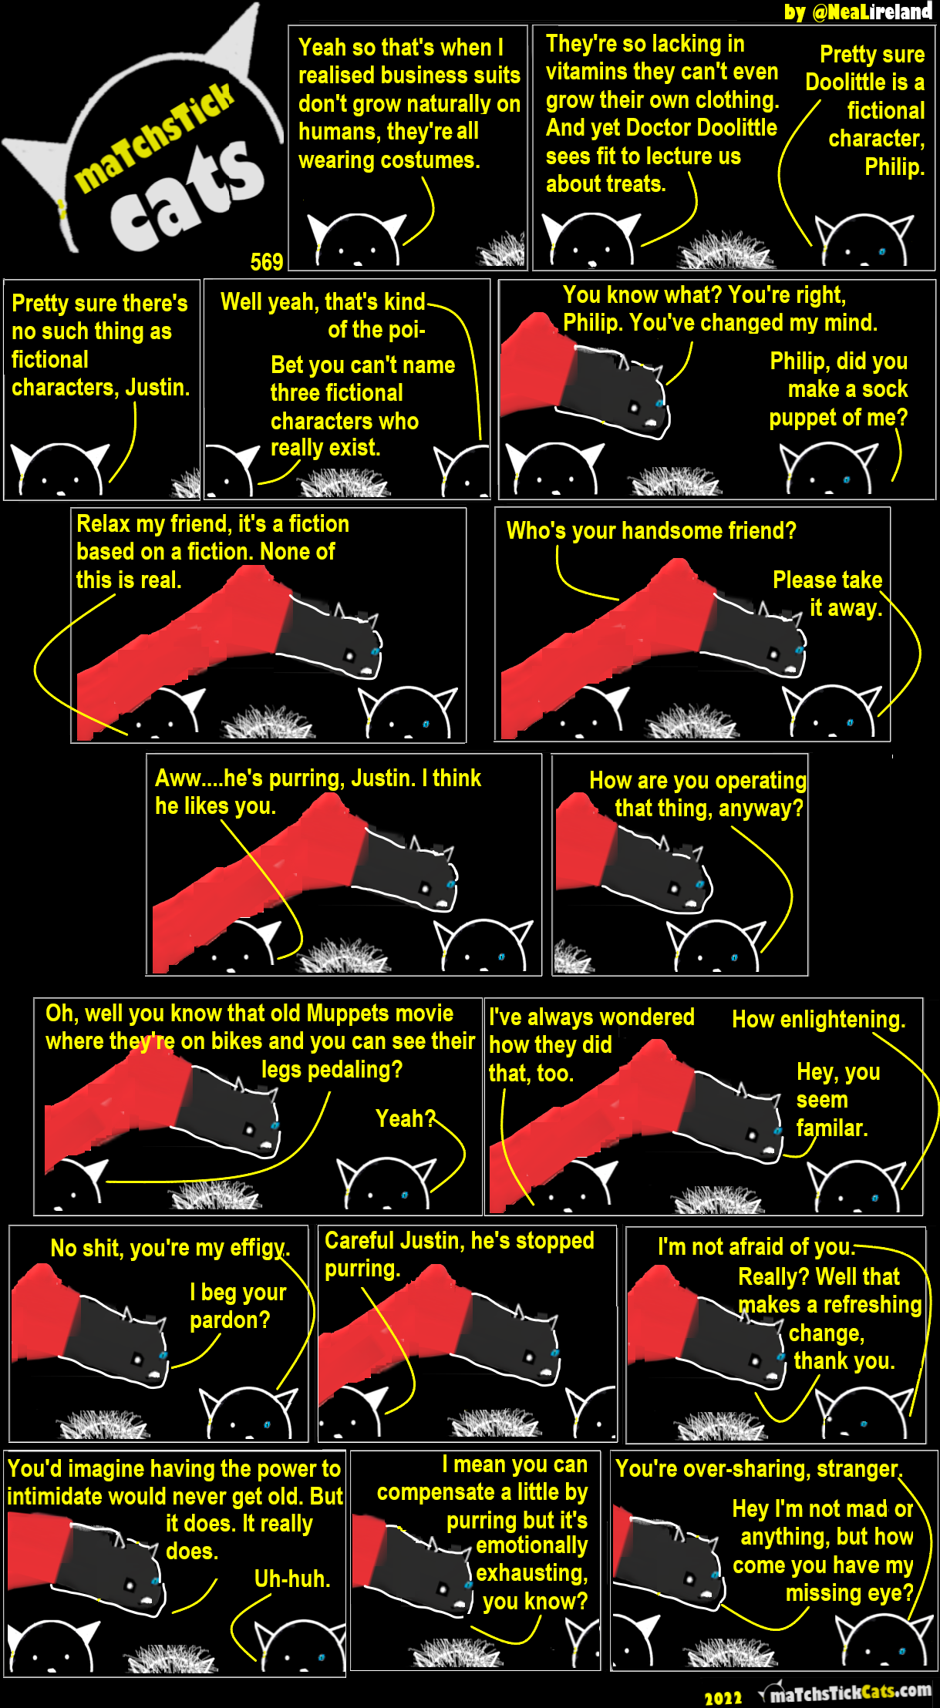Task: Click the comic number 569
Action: click(x=267, y=262)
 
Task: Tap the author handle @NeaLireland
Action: click(x=872, y=12)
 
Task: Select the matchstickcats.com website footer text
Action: click(x=851, y=1693)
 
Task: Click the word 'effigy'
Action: click(x=259, y=1249)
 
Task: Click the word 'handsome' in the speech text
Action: click(x=647, y=531)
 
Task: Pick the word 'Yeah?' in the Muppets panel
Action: click(x=406, y=1118)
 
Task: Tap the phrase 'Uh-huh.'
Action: click(x=292, y=1579)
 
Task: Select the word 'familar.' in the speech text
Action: click(x=832, y=1128)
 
